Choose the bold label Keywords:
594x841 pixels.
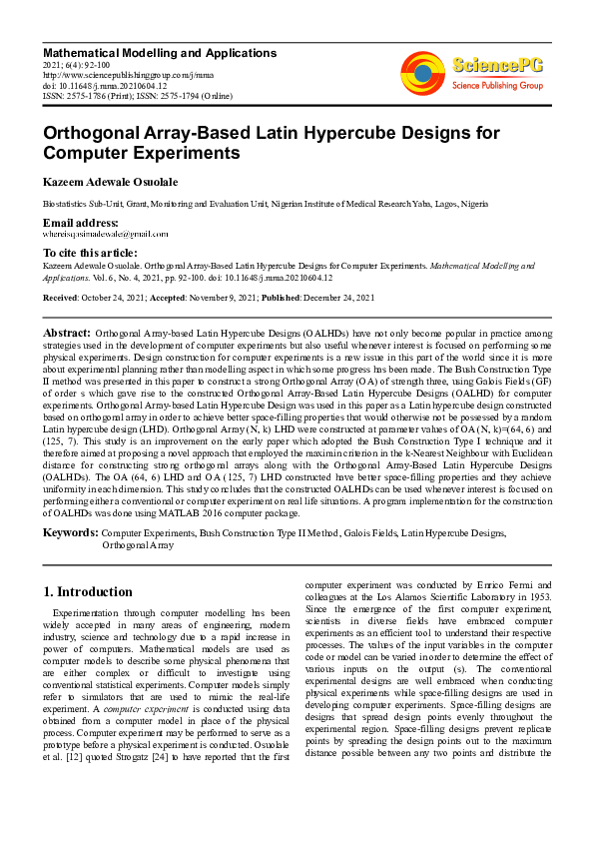pyautogui.click(x=71, y=534)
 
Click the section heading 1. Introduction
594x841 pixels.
pyautogui.click(x=89, y=591)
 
